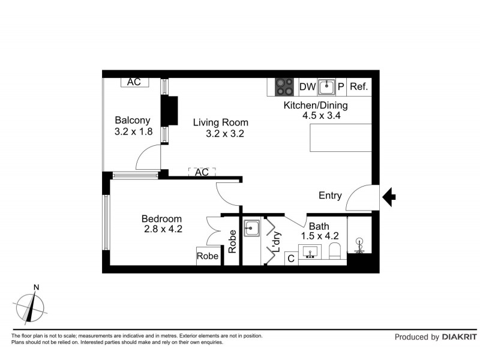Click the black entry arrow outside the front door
pyautogui.click(x=389, y=196)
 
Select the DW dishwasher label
pyautogui.click(x=307, y=87)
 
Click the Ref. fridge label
pyautogui.click(x=358, y=87)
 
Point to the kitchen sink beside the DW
pyautogui.click(x=326, y=87)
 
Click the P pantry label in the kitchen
pyautogui.click(x=341, y=87)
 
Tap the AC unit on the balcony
pyautogui.click(x=134, y=82)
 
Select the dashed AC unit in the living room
pyautogui.click(x=202, y=172)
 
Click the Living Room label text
pyautogui.click(x=220, y=122)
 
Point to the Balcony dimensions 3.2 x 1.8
pyautogui.click(x=133, y=131)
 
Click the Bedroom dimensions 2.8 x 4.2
pyautogui.click(x=163, y=229)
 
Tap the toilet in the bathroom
pyautogui.click(x=337, y=251)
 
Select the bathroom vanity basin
pyautogui.click(x=311, y=251)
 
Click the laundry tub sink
pyautogui.click(x=251, y=229)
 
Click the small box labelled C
pyautogui.click(x=290, y=259)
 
